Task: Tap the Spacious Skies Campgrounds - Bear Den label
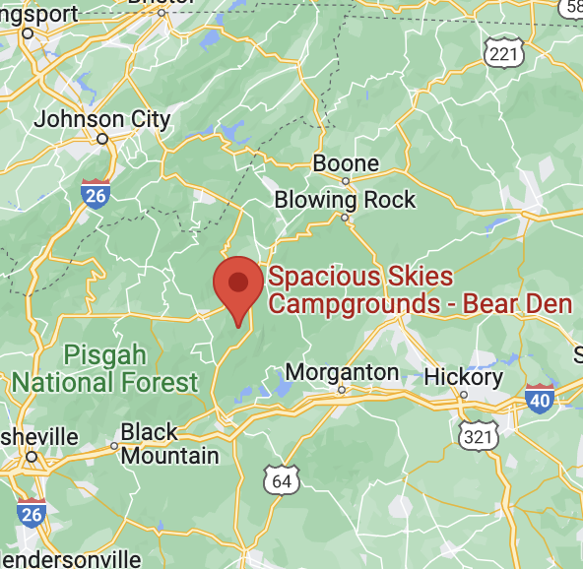(420, 290)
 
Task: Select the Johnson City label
(102, 119)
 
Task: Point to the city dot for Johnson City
(101, 140)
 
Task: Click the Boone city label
(346, 163)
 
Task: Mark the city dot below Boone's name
(346, 181)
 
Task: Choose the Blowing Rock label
(345, 200)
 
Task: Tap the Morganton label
(342, 373)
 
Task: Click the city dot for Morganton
(342, 390)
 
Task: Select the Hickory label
(463, 377)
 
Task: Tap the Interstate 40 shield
(540, 397)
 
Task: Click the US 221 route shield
(504, 52)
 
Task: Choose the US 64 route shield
(282, 479)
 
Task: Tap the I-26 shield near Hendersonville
(31, 513)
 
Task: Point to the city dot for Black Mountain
(114, 445)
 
